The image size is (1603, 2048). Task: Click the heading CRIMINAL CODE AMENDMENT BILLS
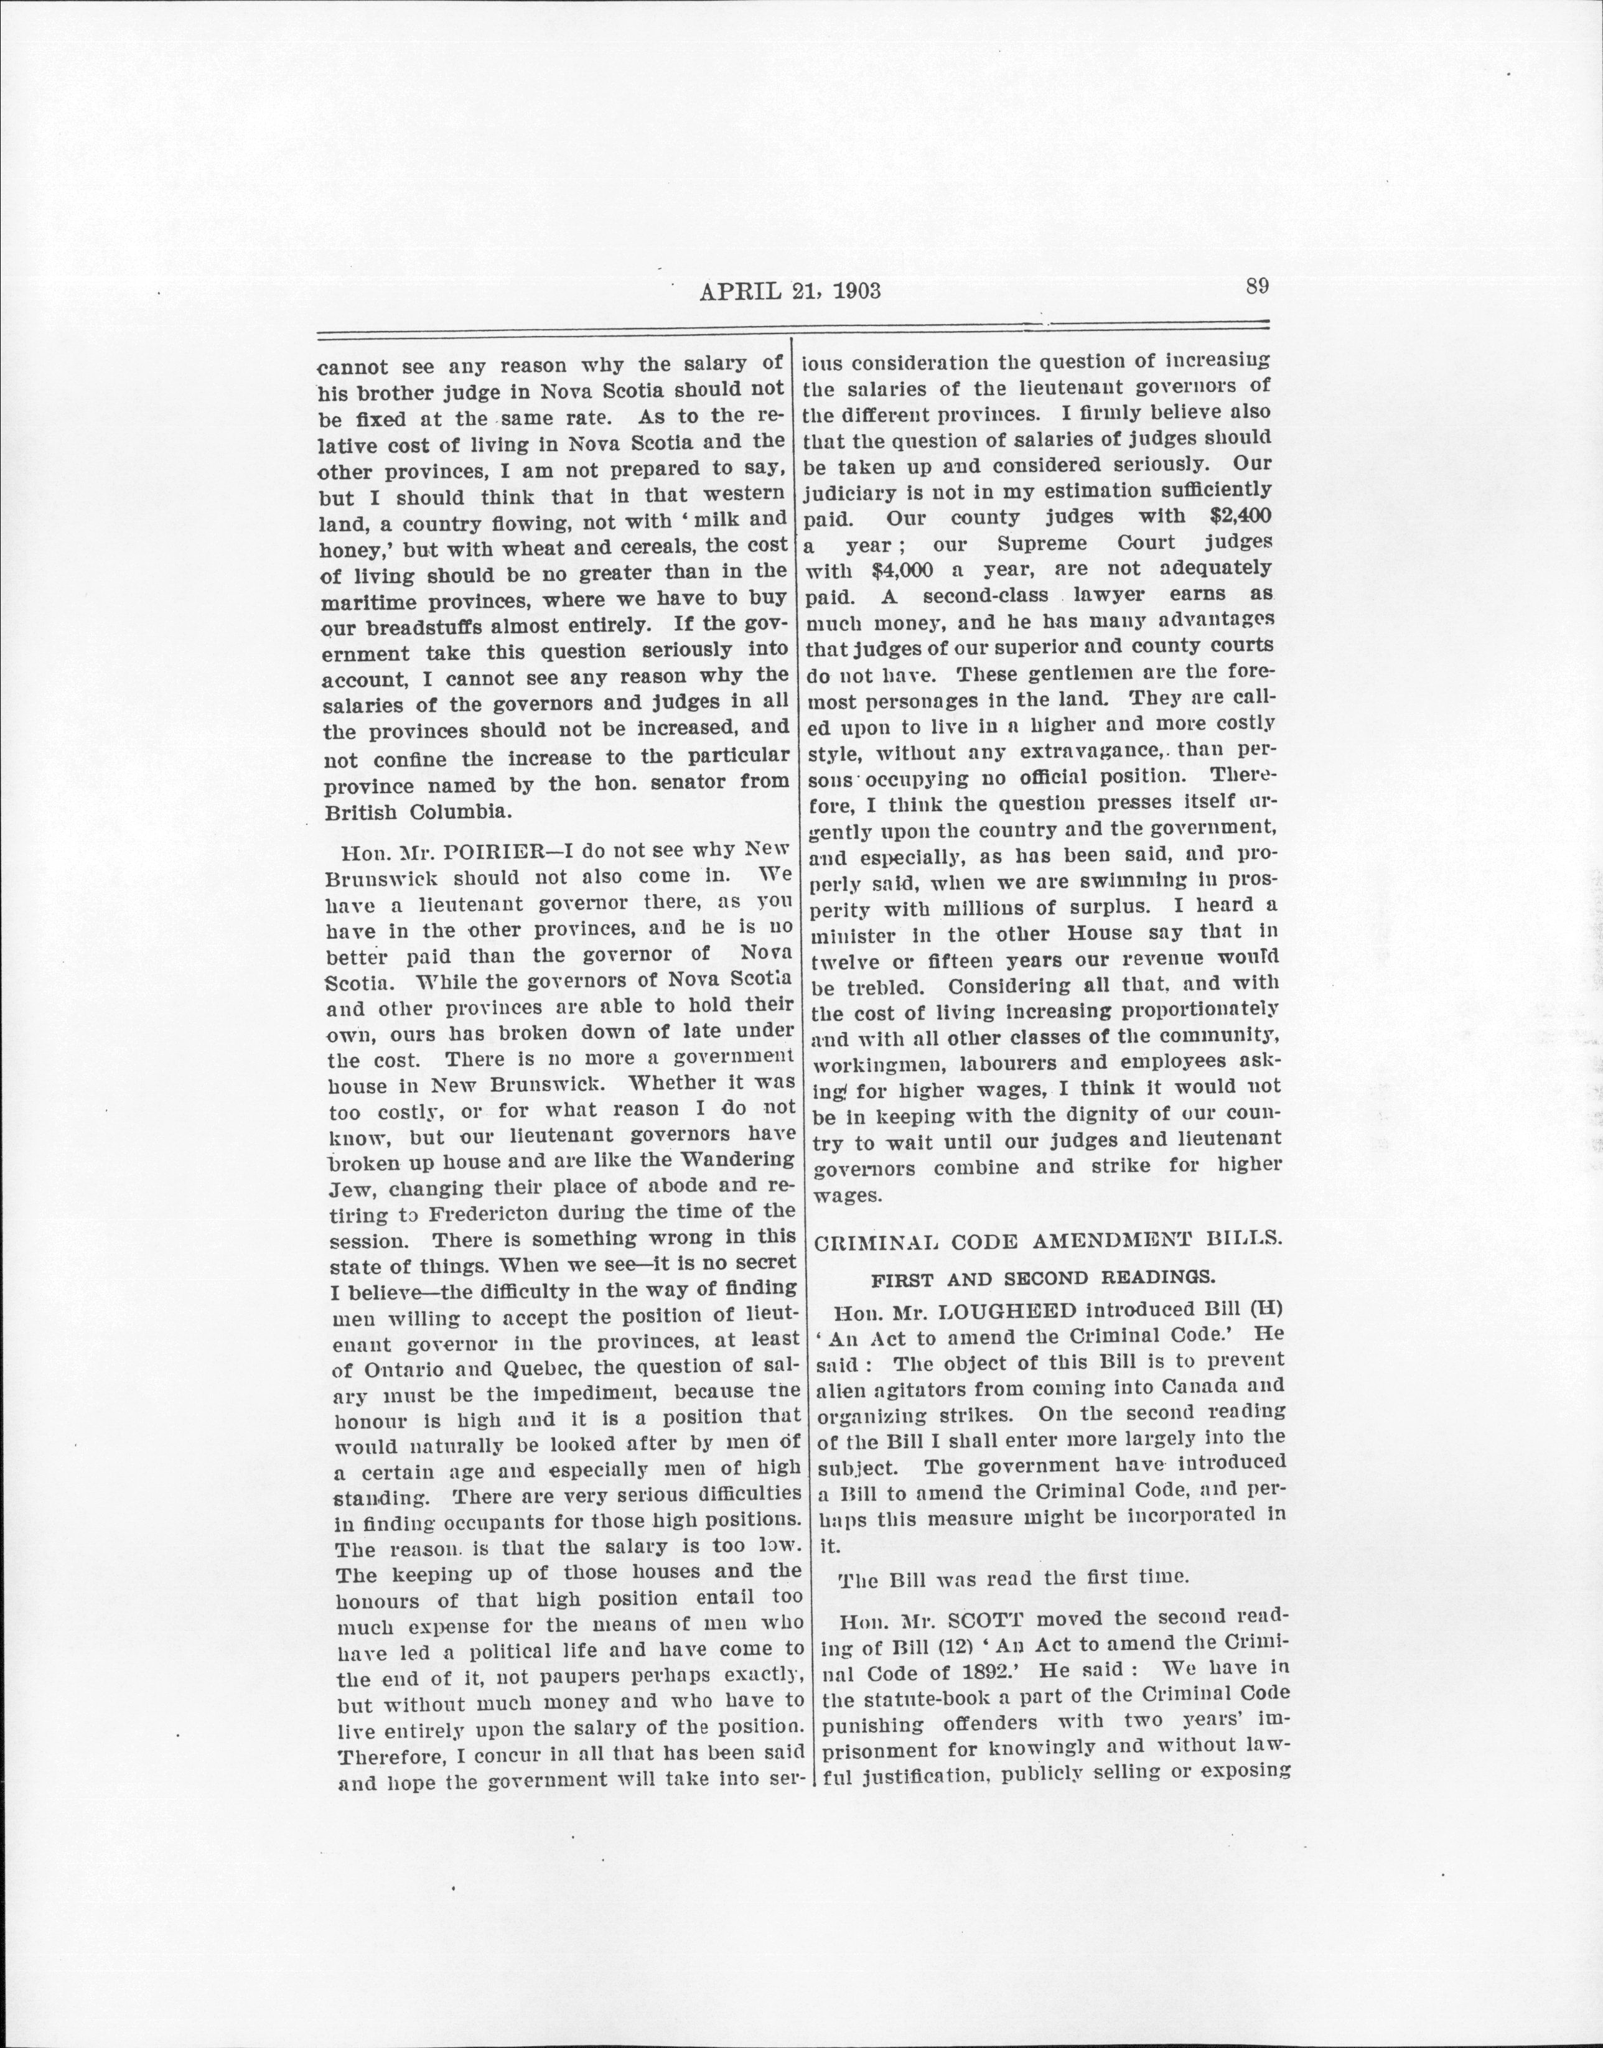pos(1047,1239)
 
